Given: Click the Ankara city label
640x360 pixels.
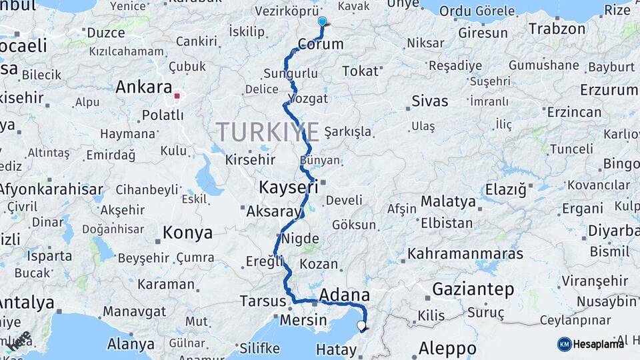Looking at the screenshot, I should tap(144, 87).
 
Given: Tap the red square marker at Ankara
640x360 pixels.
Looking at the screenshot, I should tap(177, 95).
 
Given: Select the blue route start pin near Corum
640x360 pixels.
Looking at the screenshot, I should tap(322, 21).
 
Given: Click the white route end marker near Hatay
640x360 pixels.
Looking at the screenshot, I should tap(361, 326).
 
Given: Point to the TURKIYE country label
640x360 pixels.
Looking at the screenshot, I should tap(267, 132).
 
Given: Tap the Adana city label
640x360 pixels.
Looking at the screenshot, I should tap(345, 295).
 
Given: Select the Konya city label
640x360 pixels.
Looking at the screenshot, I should tap(188, 233).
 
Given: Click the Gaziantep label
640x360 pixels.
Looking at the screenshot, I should tap(473, 289).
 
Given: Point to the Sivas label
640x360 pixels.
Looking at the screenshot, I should tap(429, 101).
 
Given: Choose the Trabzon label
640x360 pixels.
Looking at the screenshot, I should tap(557, 29).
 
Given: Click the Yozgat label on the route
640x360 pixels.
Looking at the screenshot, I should tap(309, 99).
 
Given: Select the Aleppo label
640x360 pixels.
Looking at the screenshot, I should tap(447, 348).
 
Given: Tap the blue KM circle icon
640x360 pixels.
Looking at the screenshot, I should tap(564, 344).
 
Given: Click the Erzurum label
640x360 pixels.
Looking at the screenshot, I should tap(608, 89).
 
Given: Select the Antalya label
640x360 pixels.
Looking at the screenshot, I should tap(27, 303).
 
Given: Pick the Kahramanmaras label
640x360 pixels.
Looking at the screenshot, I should tap(465, 254).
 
